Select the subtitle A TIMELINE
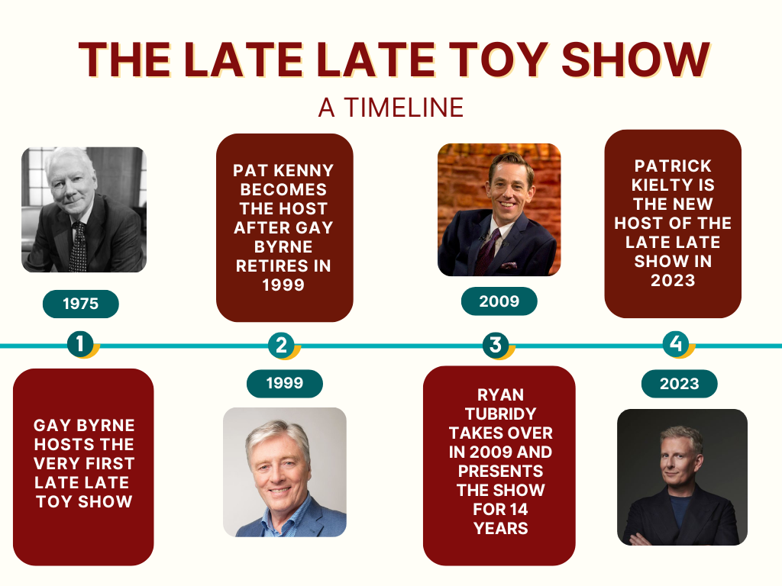(391, 108)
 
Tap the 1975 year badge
(81, 304)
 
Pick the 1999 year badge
(285, 383)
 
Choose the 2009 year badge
(499, 301)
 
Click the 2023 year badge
(679, 384)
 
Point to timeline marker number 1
(81, 344)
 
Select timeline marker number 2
(282, 345)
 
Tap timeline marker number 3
(496, 344)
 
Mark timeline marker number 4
(677, 343)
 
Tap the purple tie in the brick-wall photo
(487, 252)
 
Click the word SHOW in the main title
(635, 60)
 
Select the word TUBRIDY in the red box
(501, 414)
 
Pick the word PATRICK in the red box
(673, 166)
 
